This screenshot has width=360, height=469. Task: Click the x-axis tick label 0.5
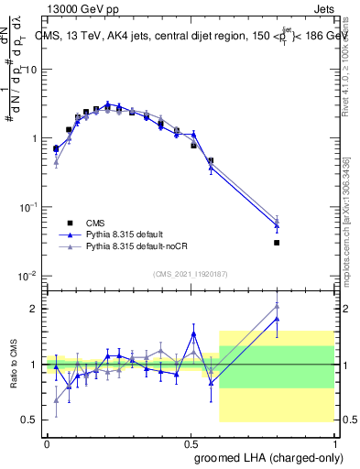point(191,442)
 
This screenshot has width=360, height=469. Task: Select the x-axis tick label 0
point(47,442)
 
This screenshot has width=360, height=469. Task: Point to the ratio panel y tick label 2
point(32,309)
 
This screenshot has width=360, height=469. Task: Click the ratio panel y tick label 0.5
point(27,420)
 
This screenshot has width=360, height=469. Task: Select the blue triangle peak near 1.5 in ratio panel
point(193,333)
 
